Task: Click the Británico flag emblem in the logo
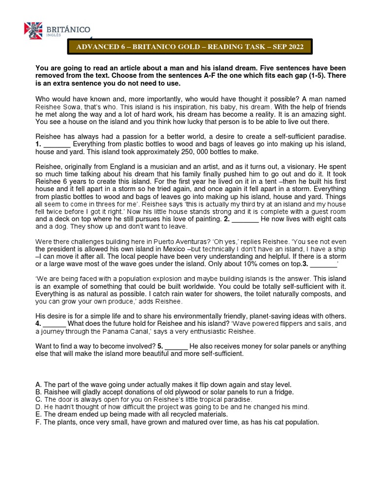[34, 31]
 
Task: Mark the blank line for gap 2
[245, 219]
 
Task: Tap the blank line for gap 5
[176, 346]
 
